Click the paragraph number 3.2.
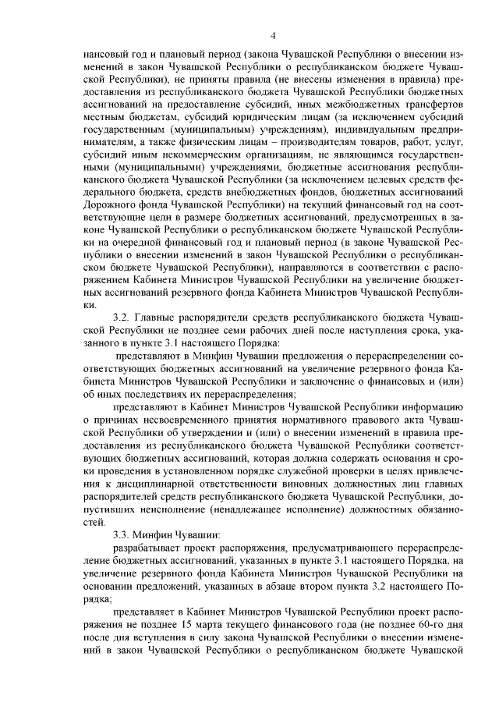[123, 319]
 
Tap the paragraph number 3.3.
[123, 534]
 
